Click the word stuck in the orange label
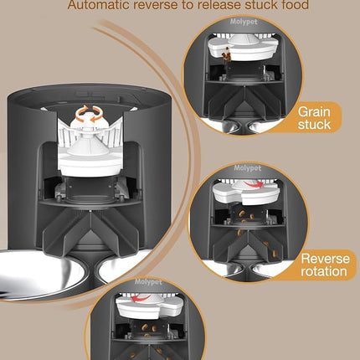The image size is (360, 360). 315,126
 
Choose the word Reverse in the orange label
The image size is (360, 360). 326,259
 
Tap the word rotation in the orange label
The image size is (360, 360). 326,273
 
